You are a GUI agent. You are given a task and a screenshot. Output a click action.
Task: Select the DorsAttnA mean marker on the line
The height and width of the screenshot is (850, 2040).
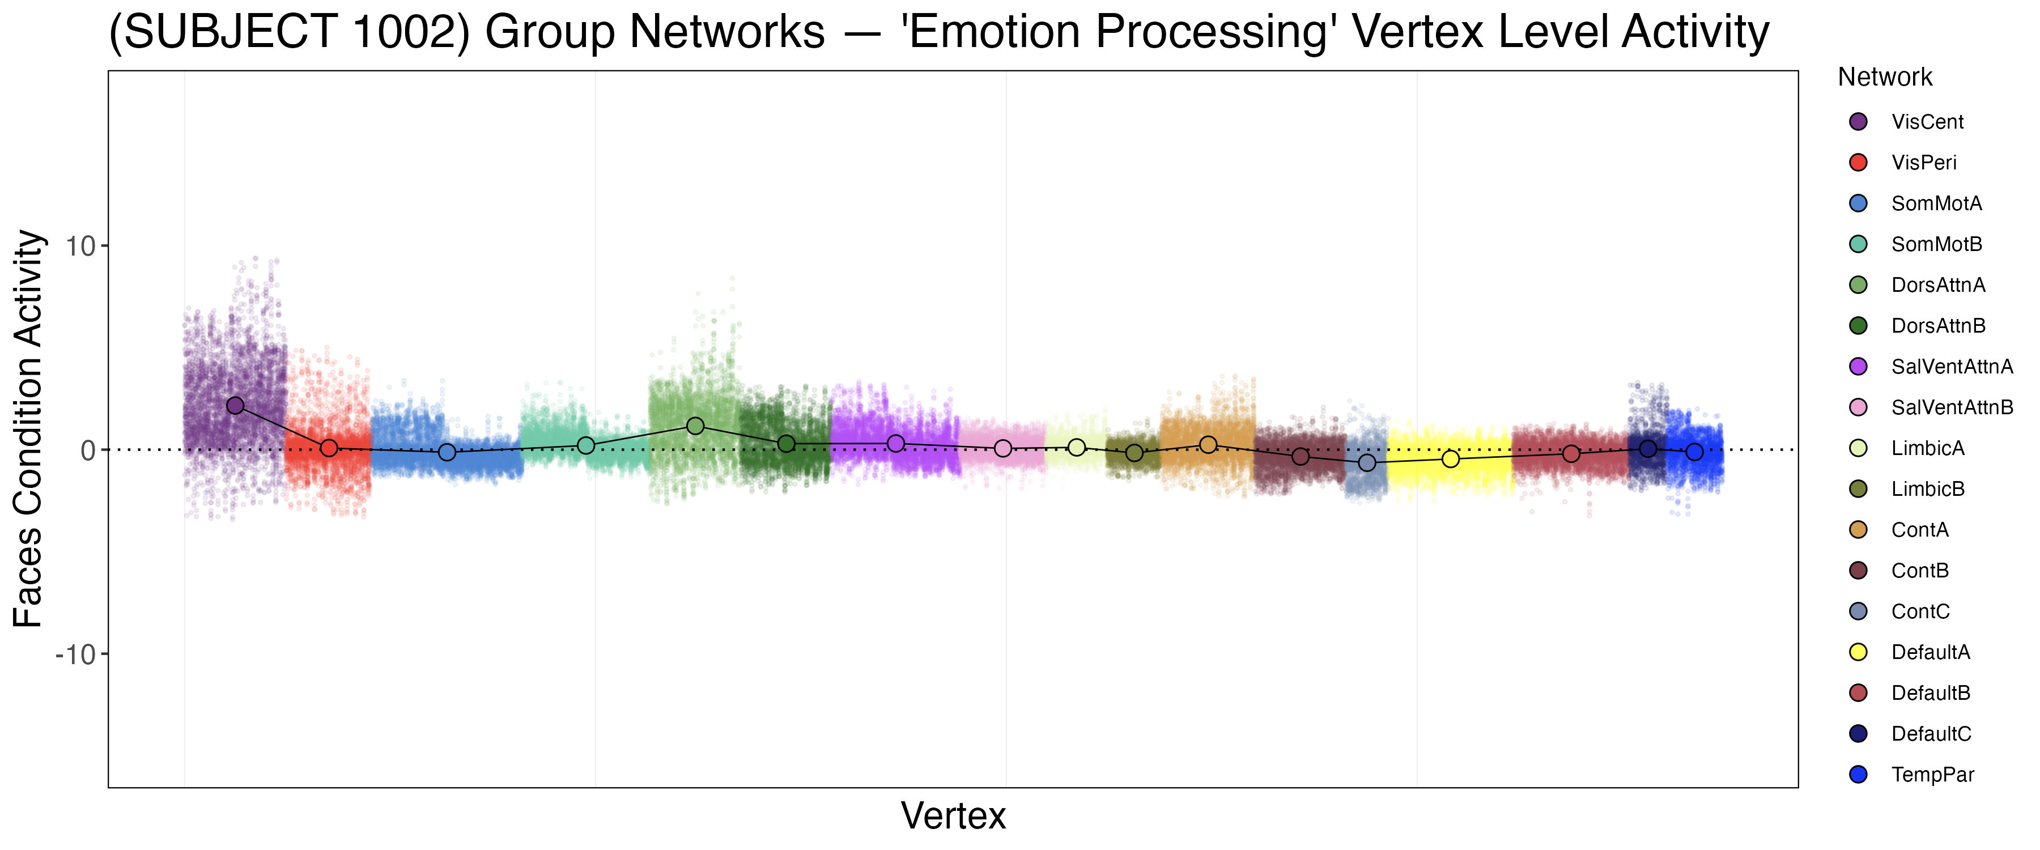[695, 426]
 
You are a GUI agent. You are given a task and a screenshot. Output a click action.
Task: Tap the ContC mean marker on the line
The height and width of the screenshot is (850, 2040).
[1367, 462]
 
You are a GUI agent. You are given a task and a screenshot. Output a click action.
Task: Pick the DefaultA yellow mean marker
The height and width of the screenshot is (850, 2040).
[1450, 458]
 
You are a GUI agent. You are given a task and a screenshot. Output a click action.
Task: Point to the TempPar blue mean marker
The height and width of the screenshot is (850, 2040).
[1694, 452]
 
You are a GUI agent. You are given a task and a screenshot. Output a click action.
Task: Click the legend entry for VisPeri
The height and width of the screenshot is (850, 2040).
[1923, 163]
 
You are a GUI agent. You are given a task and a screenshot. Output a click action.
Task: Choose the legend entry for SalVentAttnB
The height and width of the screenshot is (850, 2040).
[1951, 407]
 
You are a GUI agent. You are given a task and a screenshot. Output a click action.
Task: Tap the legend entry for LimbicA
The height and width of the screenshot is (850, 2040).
[1927, 448]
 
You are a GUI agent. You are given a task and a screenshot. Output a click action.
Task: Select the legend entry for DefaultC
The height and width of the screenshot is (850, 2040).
[1931, 734]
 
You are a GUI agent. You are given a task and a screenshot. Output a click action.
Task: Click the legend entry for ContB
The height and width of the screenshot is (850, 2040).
[1920, 571]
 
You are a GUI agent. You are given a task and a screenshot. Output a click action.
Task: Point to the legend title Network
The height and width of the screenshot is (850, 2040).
[1885, 77]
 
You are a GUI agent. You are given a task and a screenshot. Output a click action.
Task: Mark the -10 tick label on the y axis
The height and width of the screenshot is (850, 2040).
[76, 654]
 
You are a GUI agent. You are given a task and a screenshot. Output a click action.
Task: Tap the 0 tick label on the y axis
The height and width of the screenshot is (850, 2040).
[88, 450]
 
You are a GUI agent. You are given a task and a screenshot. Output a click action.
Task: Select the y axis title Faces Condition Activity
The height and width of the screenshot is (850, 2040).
[28, 428]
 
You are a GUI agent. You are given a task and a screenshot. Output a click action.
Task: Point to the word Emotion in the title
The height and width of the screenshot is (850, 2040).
[994, 32]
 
